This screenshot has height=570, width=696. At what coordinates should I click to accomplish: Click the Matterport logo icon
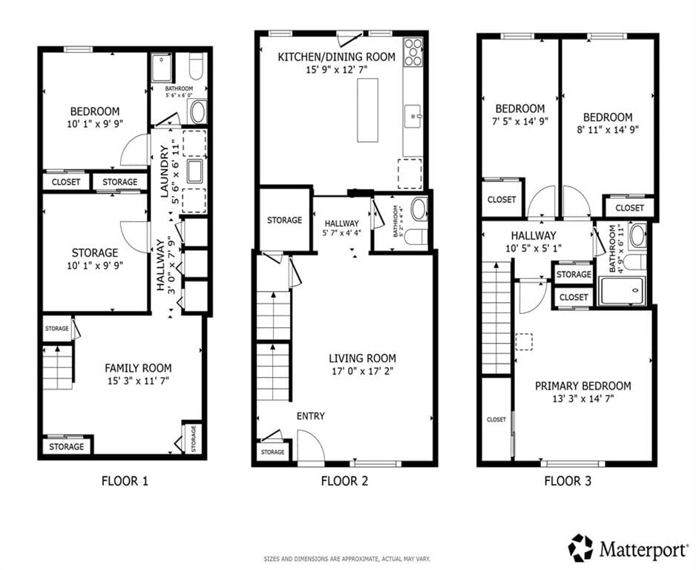point(581,548)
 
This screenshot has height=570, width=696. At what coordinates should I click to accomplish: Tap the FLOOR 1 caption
point(125,481)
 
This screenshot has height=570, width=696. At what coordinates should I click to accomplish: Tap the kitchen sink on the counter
point(413,115)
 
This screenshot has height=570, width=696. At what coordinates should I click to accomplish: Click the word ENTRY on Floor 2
point(310,416)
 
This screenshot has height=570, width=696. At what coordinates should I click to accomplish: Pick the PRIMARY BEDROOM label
point(583,386)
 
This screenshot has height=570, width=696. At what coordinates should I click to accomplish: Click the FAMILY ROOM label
point(138,367)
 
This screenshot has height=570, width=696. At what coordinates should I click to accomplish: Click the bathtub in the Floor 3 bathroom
point(623,290)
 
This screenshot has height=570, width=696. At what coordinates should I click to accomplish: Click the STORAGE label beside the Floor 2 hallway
point(284,220)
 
